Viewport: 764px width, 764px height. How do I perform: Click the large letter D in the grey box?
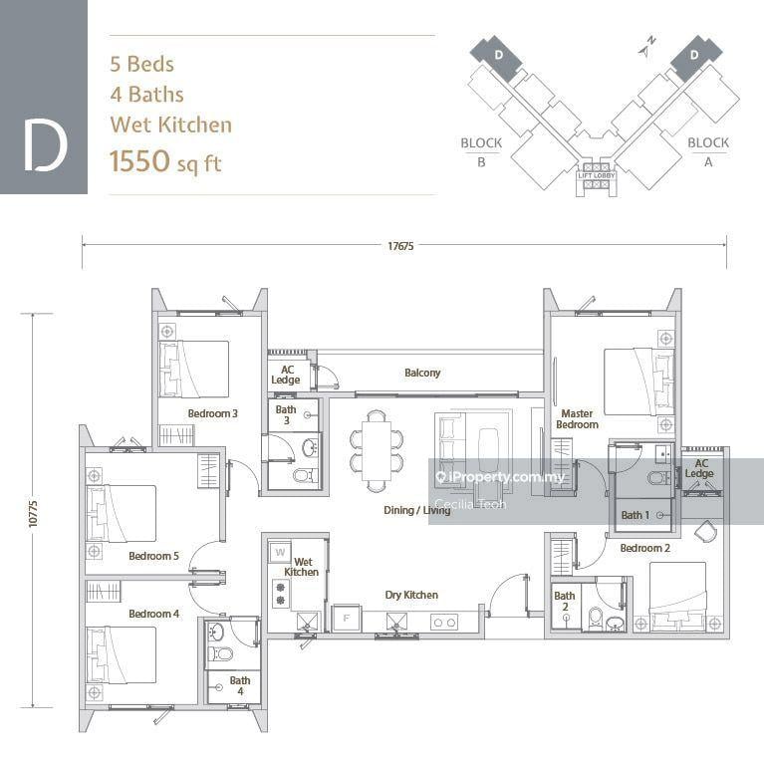pos(45,144)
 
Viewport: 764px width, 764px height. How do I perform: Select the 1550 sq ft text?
pos(164,162)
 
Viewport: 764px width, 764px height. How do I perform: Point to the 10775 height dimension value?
pos(34,507)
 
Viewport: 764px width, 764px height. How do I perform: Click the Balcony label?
pos(422,373)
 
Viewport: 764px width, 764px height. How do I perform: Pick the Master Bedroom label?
pos(578,418)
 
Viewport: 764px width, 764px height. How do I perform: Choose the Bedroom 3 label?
pos(212,412)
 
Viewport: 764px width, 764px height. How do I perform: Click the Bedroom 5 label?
pos(153,556)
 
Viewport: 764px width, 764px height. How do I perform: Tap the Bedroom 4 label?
pos(153,614)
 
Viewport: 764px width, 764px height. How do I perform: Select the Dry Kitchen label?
pos(411,595)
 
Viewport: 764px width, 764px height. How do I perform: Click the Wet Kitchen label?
pos(301,567)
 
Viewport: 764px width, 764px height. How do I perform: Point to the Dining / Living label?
pos(416,510)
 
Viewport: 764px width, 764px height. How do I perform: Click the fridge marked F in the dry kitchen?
pos(346,618)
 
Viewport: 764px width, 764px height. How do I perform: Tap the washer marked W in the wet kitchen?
pos(279,551)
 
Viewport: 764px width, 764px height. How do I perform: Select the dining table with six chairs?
pos(377,450)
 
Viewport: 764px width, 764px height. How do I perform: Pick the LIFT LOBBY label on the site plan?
pos(598,175)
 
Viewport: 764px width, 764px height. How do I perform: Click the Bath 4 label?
pos(240,686)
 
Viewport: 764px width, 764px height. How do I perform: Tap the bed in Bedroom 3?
pos(196,369)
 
